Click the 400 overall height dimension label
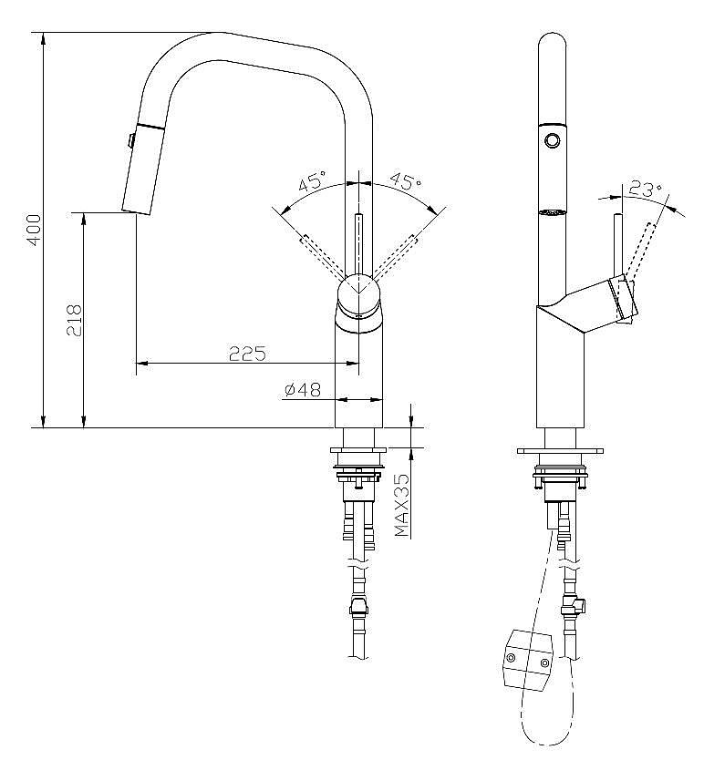tap(34, 231)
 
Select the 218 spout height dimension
tap(74, 321)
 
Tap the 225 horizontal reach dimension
tap(247, 354)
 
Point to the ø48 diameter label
tap(303, 389)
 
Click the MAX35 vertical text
tap(402, 505)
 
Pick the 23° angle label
tap(646, 189)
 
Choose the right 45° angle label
tap(406, 180)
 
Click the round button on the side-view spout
tap(552, 140)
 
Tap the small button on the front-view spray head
tap(130, 140)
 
